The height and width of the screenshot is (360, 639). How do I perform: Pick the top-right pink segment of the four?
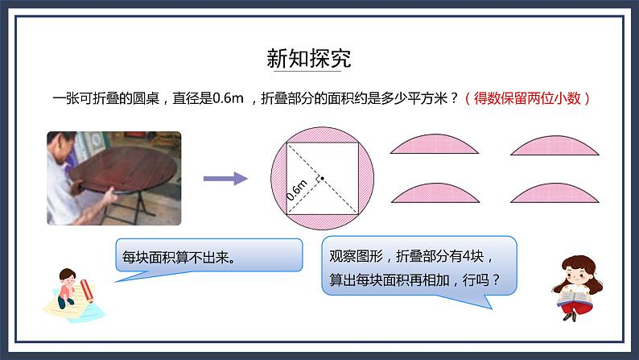coord(555,146)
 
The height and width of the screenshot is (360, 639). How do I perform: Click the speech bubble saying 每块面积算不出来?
coord(208,259)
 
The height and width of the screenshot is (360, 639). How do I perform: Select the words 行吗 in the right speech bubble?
coord(486,280)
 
